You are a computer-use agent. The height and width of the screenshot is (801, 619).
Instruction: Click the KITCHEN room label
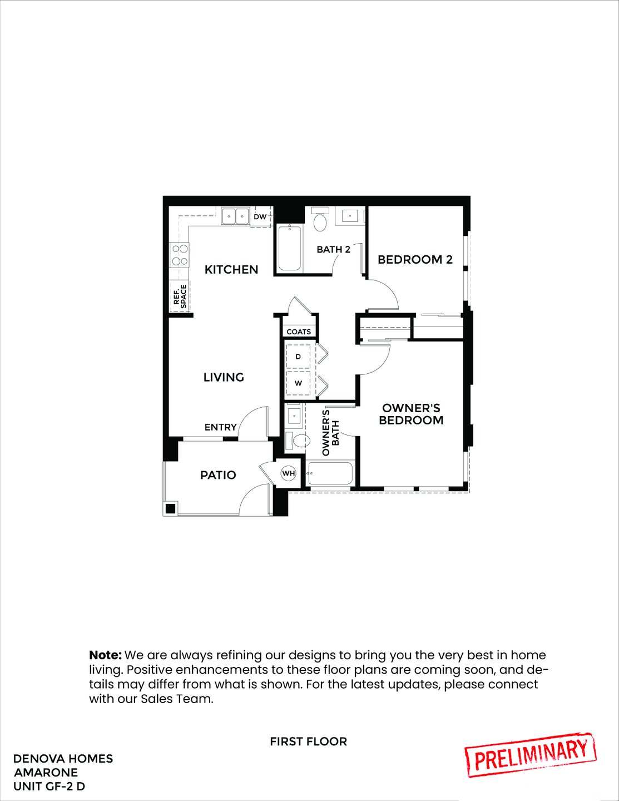[x=231, y=270]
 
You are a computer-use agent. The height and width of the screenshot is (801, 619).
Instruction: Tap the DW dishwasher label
[x=260, y=216]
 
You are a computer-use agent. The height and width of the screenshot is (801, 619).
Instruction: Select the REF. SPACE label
[x=180, y=296]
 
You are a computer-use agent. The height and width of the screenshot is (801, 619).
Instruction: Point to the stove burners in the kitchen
[x=179, y=255]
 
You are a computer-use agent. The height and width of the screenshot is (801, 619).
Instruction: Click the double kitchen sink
[x=235, y=216]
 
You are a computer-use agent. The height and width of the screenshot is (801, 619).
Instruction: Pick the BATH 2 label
[x=333, y=249]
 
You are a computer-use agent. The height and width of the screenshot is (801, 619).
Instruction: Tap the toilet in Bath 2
[x=320, y=221]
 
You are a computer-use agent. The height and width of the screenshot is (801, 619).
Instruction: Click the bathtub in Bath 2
[x=289, y=248]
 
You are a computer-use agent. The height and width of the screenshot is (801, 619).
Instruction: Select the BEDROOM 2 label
[x=415, y=259]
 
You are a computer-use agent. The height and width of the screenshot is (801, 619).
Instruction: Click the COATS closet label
[x=299, y=332]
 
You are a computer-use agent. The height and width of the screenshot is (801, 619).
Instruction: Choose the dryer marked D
[x=298, y=357]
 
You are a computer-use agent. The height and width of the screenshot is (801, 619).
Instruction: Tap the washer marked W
[x=298, y=383]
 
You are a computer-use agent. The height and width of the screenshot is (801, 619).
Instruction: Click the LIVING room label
[x=224, y=377]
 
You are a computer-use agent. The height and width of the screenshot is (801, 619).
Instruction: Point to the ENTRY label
[x=220, y=427]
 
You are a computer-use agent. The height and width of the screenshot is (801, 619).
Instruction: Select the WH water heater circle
[x=288, y=473]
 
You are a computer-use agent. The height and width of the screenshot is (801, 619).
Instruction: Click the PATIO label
[x=218, y=475]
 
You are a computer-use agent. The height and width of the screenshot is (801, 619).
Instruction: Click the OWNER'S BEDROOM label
[x=411, y=414]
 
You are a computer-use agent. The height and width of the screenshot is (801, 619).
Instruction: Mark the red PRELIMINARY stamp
[x=531, y=755]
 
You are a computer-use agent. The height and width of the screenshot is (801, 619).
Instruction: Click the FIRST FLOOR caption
[x=308, y=741]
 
